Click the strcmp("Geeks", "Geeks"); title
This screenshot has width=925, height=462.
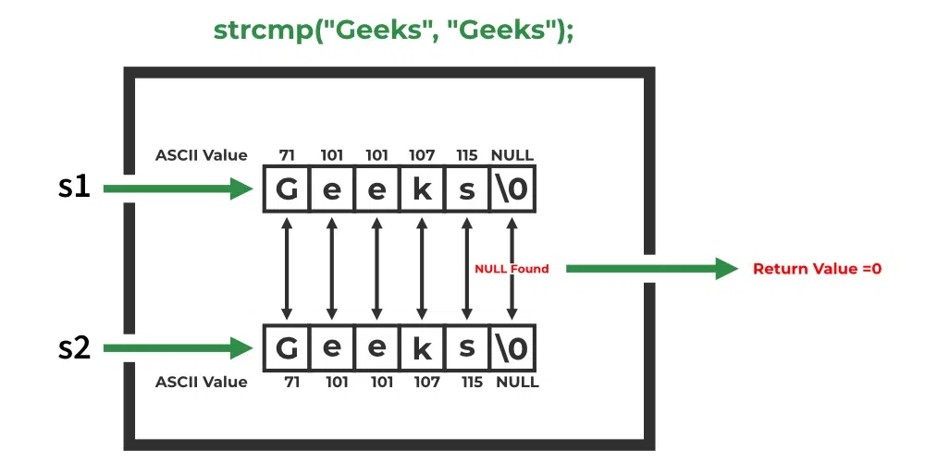(x=393, y=30)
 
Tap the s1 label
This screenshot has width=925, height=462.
(x=74, y=188)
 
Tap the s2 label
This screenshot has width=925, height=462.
(x=74, y=348)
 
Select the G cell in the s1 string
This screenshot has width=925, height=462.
(x=287, y=189)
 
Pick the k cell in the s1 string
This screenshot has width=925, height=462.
(x=422, y=189)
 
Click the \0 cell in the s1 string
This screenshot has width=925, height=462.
(x=512, y=189)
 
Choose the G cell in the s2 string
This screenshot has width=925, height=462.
(x=287, y=348)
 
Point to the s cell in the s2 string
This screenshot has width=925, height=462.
(x=467, y=348)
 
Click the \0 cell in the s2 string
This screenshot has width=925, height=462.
(x=512, y=348)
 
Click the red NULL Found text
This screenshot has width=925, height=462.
(x=512, y=269)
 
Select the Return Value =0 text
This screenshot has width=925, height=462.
(x=817, y=269)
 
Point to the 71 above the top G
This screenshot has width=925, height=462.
(x=287, y=155)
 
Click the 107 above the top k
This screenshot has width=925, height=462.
(x=422, y=155)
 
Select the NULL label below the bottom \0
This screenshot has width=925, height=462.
(x=512, y=382)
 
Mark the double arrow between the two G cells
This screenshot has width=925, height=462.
(x=287, y=269)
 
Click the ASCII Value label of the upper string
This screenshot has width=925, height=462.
(x=202, y=155)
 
